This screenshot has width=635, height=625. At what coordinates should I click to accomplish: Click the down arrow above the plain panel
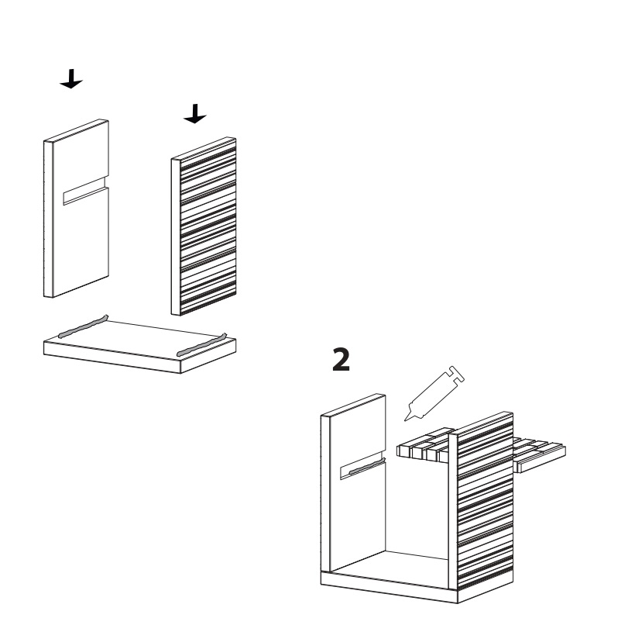tap(71, 80)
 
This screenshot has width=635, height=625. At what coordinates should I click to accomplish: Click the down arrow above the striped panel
tap(195, 114)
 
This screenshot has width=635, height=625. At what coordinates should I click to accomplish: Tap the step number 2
tap(341, 359)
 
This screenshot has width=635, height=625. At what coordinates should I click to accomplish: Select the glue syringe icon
tap(434, 393)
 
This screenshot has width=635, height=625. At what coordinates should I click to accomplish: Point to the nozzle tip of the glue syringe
tap(405, 420)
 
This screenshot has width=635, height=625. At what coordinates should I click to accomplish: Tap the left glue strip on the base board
tap(83, 326)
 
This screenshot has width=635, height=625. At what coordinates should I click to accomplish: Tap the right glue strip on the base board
tap(201, 345)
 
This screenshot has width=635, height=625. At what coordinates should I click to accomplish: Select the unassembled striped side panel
tap(204, 226)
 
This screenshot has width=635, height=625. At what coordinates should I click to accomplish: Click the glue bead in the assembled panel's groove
tap(366, 467)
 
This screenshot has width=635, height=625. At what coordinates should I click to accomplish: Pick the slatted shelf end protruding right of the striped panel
tap(539, 454)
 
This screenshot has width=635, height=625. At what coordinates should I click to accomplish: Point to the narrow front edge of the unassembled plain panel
tap(48, 219)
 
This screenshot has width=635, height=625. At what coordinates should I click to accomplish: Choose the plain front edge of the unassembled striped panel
tap(175, 237)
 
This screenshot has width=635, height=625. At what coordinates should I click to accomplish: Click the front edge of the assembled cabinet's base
tap(390, 588)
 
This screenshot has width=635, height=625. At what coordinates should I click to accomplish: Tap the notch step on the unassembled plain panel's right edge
tap(107, 181)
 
